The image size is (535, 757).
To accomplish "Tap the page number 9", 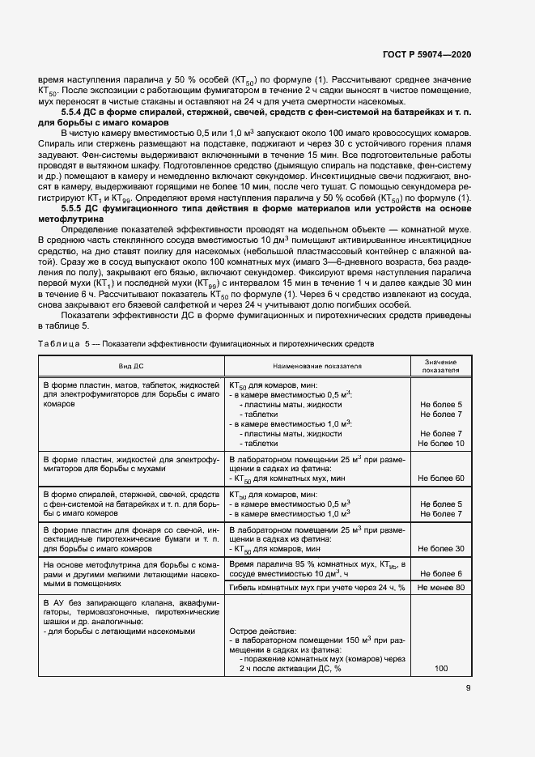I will [468, 689].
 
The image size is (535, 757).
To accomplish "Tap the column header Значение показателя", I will [441, 366].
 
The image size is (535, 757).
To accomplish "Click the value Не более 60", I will [441, 478].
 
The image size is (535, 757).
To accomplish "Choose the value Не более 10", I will [441, 444].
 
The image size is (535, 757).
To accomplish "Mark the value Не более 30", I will [441, 549].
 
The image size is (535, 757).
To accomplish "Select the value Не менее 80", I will [441, 587].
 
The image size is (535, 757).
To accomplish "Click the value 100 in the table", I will [441, 670].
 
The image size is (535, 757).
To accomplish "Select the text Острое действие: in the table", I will [263, 629].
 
